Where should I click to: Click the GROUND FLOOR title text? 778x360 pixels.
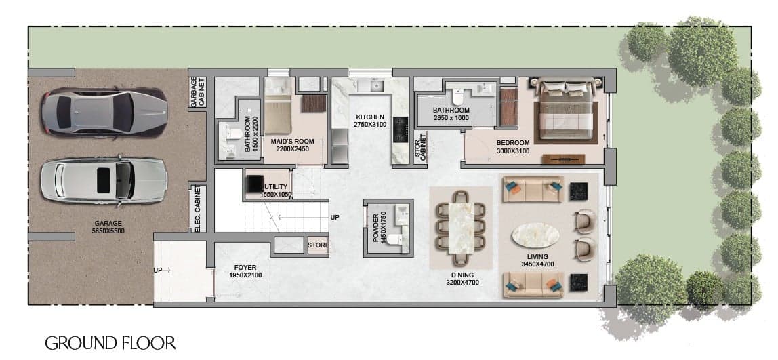pyautogui.click(x=110, y=343)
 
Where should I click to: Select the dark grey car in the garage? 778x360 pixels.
pyautogui.click(x=104, y=111)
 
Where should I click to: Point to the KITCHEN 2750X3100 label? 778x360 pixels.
pyautogui.click(x=369, y=121)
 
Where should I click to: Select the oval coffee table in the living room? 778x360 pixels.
pyautogui.click(x=535, y=235)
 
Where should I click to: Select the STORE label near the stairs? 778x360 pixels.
pyautogui.click(x=318, y=245)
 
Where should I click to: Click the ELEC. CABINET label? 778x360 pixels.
pyautogui.click(x=198, y=209)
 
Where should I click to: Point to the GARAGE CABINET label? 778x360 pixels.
pyautogui.click(x=197, y=92)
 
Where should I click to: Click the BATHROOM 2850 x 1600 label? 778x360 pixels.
pyautogui.click(x=451, y=114)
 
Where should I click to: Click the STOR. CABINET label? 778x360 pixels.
pyautogui.click(x=420, y=148)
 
